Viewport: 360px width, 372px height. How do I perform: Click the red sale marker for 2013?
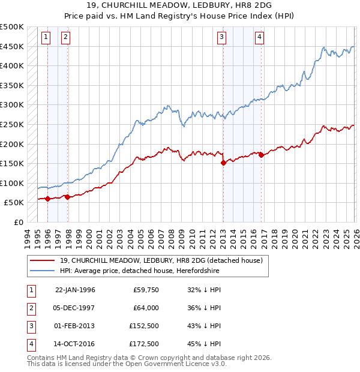pos(223,162)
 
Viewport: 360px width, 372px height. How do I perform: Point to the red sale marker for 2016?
pos(261,155)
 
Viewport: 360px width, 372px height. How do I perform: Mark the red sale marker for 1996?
pos(47,199)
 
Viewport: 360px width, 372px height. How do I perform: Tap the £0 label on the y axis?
pos(17,222)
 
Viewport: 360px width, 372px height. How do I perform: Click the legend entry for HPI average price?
pos(140,271)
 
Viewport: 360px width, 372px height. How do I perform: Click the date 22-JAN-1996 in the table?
pos(75,290)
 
